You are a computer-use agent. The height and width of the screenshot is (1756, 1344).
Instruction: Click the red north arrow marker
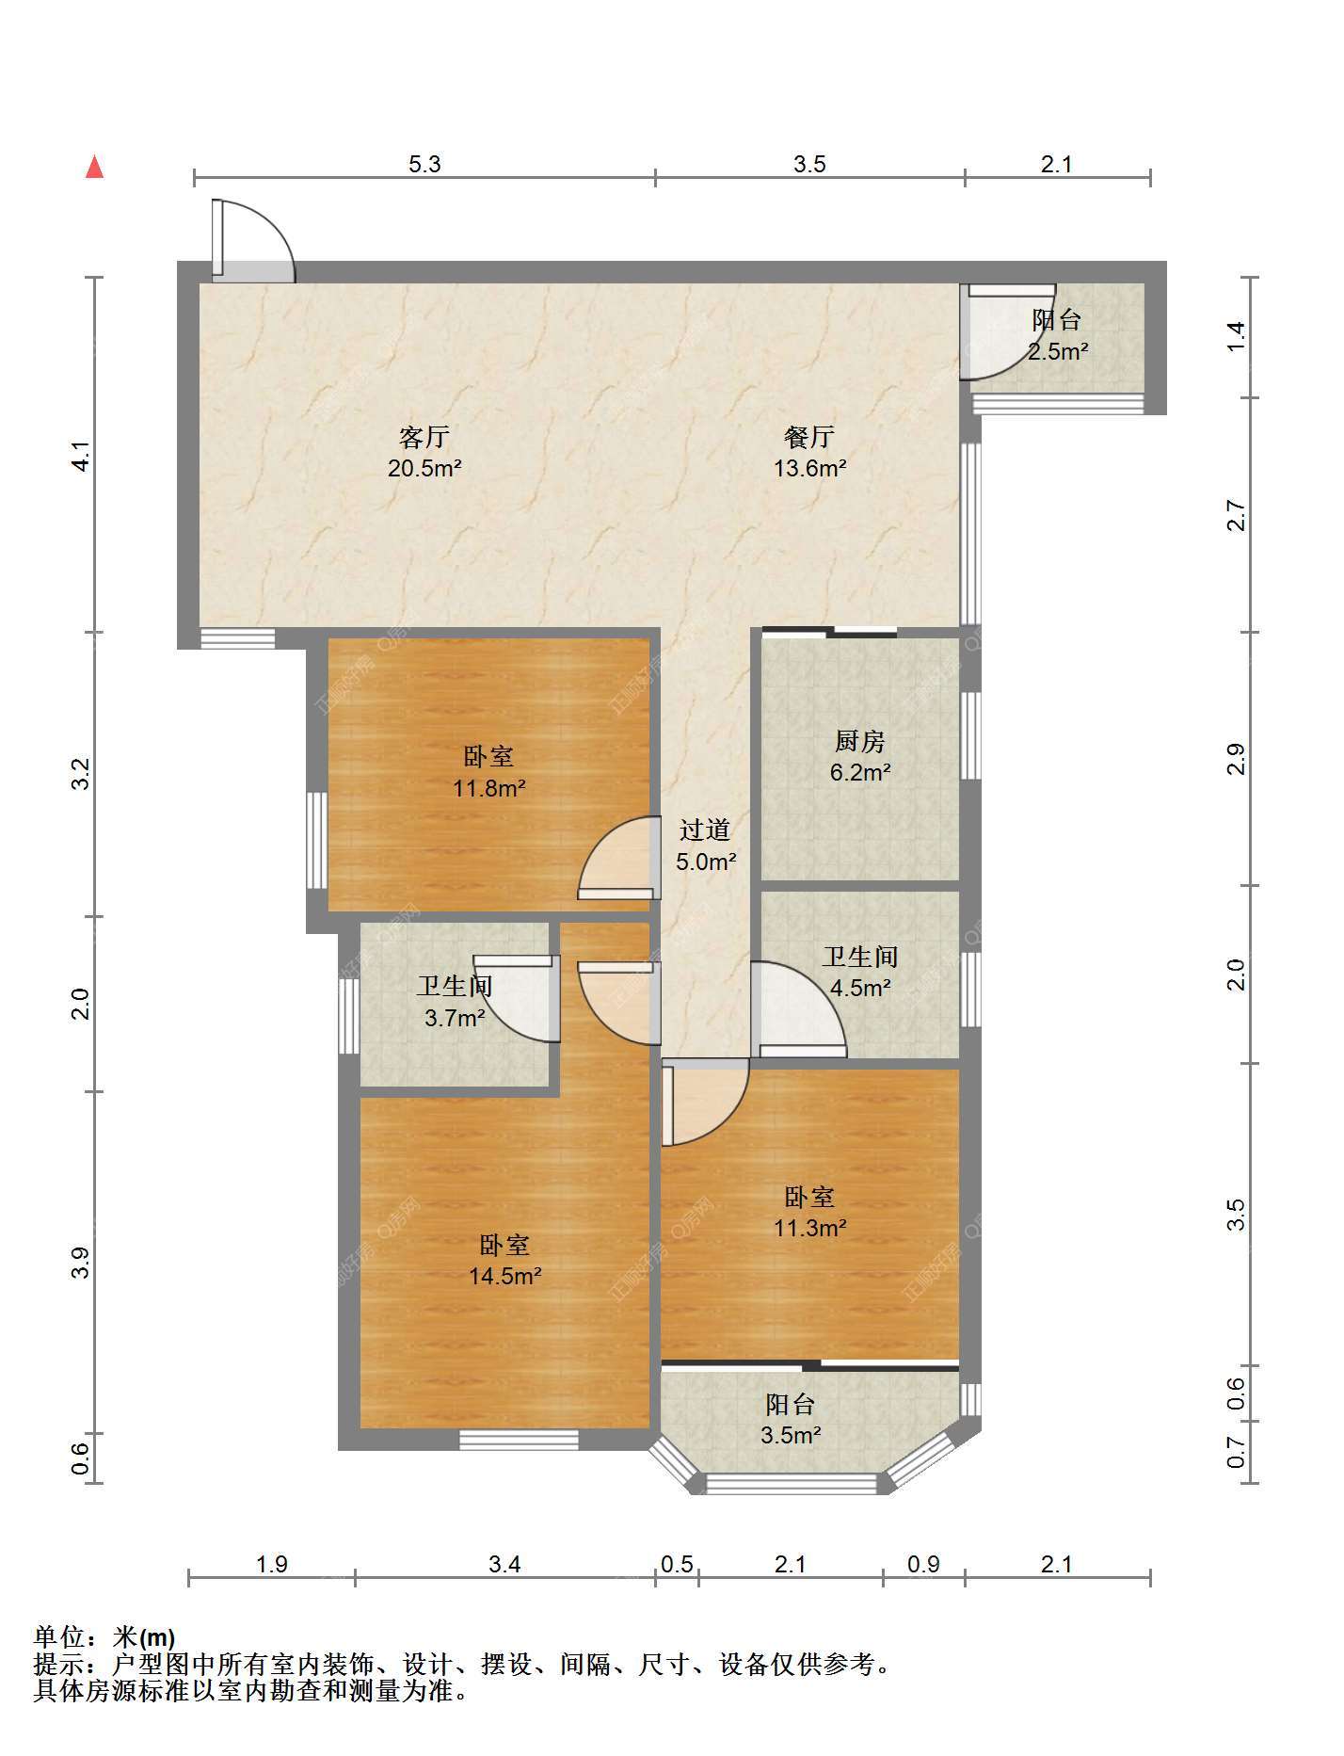pos(94,167)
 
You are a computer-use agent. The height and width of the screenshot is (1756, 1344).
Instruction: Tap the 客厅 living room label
pos(424,437)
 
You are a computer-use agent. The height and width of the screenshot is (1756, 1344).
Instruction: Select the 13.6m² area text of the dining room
pos(810,468)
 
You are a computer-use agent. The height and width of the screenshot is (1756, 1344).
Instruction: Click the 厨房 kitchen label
pos(860,742)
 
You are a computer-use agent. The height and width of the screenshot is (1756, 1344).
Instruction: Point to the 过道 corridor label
pos(705,830)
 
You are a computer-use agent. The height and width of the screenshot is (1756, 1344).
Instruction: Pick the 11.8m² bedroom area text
pos(489,788)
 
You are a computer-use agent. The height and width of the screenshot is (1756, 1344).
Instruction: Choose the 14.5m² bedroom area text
pos(505,1277)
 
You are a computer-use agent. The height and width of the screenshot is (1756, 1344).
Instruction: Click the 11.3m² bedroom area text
pos(810,1228)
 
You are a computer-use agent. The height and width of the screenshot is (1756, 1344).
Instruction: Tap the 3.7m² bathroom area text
pos(455,1018)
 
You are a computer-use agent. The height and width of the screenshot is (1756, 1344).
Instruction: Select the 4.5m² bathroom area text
pos(860,988)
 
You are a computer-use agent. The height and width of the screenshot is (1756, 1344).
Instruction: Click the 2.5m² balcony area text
pos(1058,352)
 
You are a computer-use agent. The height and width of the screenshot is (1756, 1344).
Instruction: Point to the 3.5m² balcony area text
pos(791,1436)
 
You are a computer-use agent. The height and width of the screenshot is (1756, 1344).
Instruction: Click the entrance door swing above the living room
pos(252,240)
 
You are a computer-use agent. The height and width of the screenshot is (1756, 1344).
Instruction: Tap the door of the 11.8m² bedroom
pos(616,857)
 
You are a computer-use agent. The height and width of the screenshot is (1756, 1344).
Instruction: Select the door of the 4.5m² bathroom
pos(799,1007)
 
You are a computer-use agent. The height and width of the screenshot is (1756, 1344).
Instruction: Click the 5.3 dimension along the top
pos(424,165)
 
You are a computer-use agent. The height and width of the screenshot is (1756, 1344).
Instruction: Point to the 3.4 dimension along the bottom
pos(504,1565)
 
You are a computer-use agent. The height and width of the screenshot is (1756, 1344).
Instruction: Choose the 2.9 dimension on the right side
pos(1236,759)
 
